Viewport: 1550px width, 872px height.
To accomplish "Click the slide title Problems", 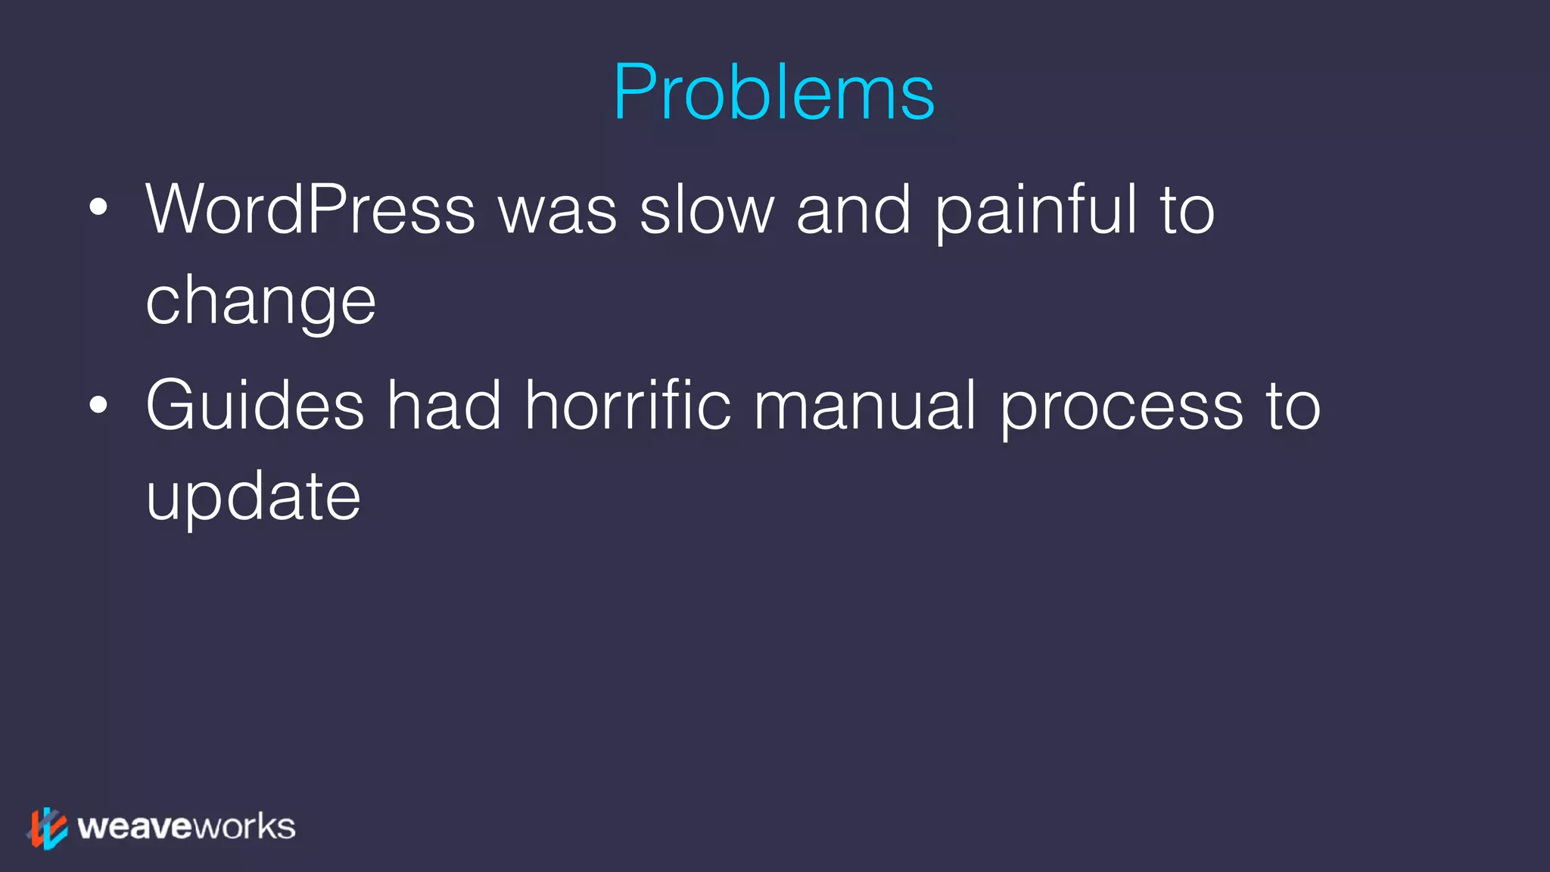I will point(773,92).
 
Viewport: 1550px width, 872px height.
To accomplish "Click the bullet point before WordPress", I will point(98,207).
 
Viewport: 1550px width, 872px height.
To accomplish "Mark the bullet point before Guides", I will point(98,404).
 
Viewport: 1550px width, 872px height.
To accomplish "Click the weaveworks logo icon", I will point(47,827).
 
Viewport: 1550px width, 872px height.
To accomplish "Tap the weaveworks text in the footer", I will point(186,827).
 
